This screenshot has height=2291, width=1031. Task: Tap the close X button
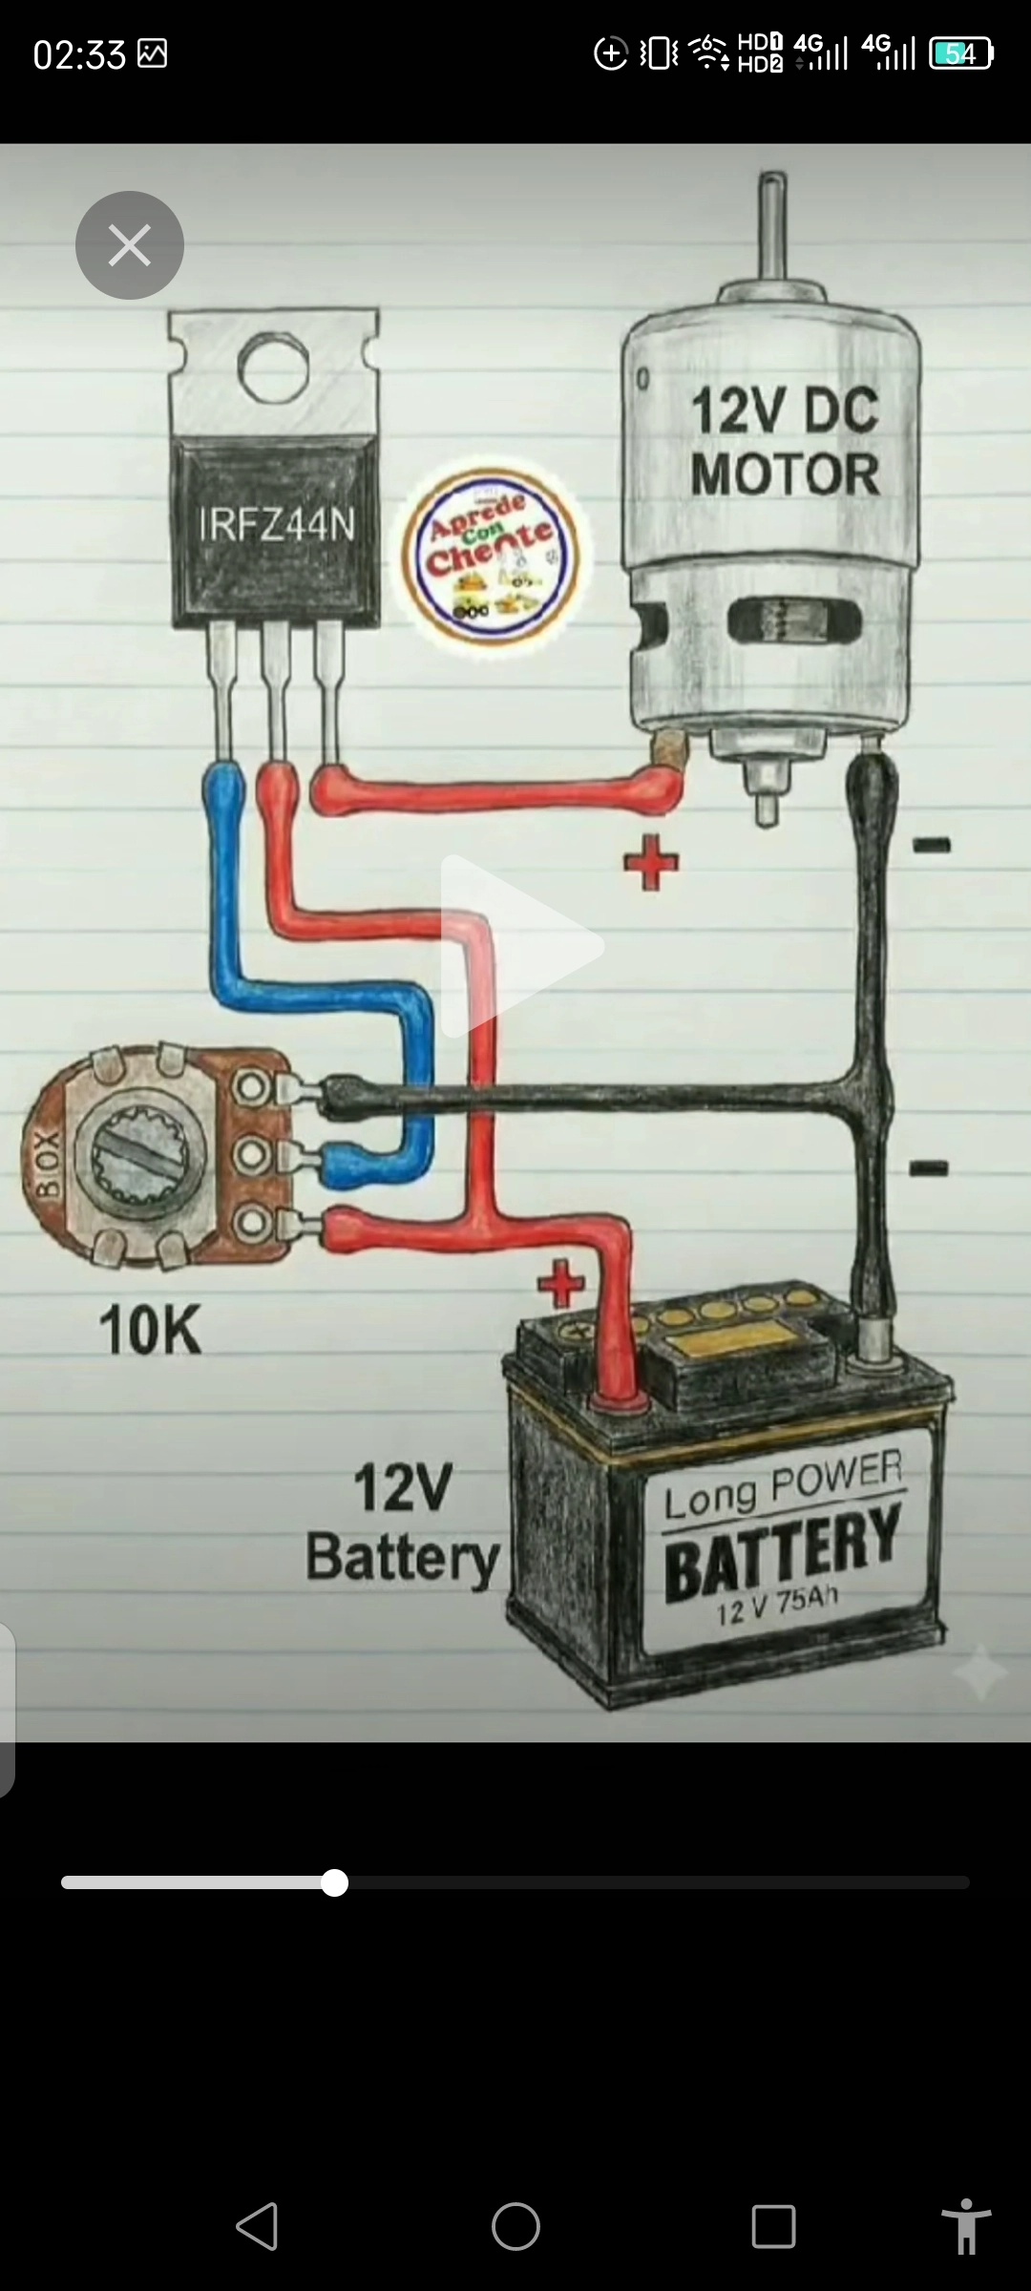130,245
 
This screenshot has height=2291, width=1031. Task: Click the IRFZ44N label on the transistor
276,524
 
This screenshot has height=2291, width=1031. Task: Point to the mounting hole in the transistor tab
273,368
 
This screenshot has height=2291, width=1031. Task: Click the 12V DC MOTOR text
784,442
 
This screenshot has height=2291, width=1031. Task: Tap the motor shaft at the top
771,224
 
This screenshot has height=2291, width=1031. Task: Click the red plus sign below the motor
651,862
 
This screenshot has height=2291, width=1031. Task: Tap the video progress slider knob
334,1882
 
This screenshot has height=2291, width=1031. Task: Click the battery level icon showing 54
961,53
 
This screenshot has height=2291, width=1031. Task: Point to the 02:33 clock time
79,54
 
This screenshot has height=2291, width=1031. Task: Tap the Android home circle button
515,2226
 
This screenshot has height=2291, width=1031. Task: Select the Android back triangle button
258,2226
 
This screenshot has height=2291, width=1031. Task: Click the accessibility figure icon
965,2226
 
